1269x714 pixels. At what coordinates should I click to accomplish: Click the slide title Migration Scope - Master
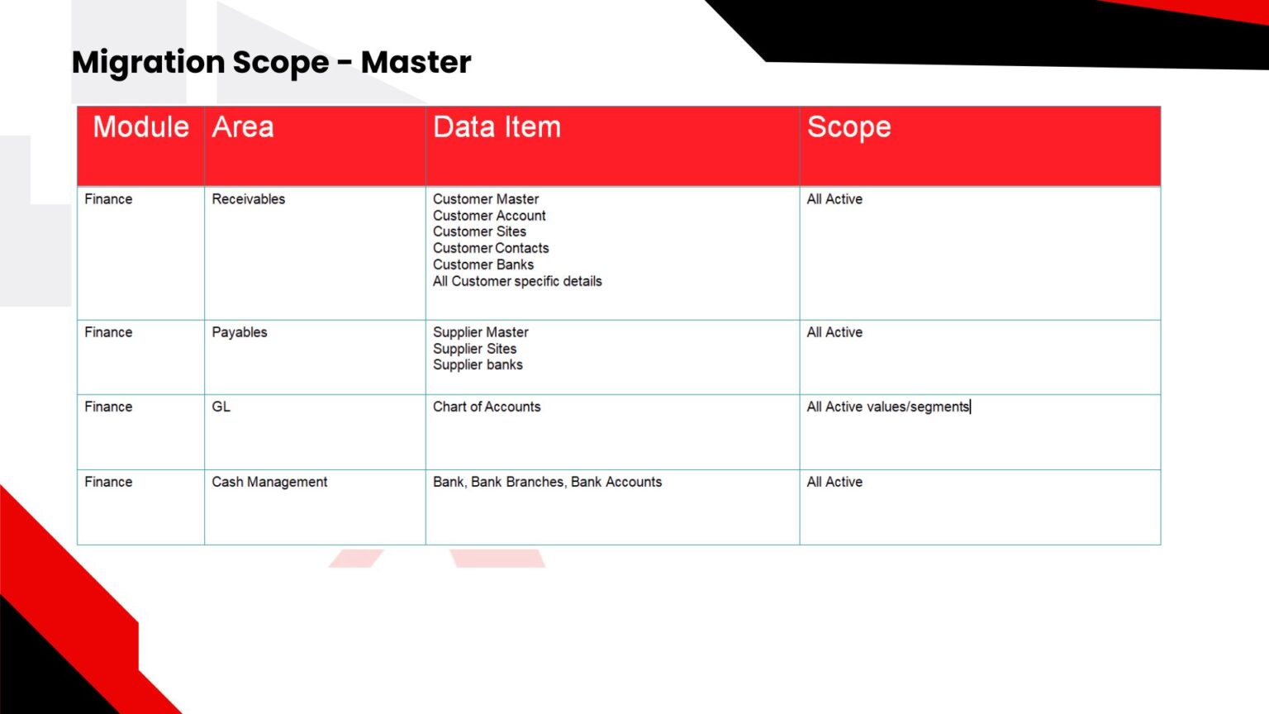tap(271, 62)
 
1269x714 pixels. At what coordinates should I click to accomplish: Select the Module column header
tap(140, 126)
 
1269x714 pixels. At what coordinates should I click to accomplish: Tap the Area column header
tap(242, 126)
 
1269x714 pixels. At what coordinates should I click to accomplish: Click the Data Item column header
tap(497, 126)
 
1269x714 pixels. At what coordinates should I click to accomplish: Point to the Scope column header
tap(848, 127)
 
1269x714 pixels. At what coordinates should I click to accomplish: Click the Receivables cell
tap(248, 199)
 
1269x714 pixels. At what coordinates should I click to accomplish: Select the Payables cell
tap(239, 333)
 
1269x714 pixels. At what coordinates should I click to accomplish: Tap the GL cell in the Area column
tap(221, 407)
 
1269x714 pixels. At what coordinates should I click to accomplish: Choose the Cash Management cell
tap(269, 483)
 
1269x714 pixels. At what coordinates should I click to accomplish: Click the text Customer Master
tap(486, 199)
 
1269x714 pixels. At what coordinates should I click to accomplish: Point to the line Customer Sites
tap(479, 231)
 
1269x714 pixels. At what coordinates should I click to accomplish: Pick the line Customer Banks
tap(483, 264)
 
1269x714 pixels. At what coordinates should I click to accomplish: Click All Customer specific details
tap(517, 282)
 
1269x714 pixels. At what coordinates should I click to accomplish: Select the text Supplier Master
tap(480, 333)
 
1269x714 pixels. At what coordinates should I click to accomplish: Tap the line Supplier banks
tap(478, 365)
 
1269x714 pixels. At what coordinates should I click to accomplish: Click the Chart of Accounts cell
tap(487, 407)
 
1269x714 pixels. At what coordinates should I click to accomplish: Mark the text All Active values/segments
tap(888, 407)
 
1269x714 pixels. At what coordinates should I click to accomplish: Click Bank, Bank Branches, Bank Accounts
tap(547, 483)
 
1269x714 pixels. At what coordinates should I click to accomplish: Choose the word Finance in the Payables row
tap(108, 333)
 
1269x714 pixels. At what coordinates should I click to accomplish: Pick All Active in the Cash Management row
tap(834, 483)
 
